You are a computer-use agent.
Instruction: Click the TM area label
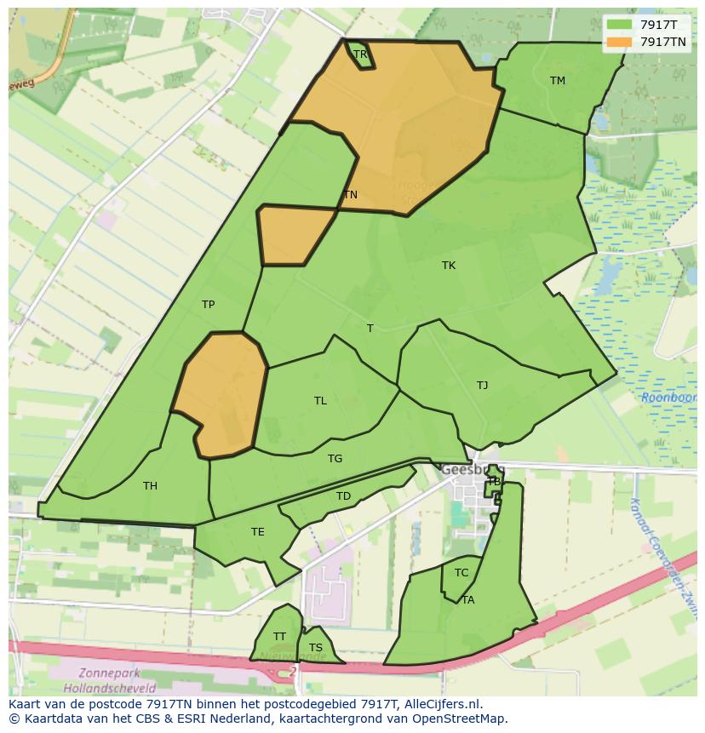558,81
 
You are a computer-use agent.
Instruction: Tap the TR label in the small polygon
360,54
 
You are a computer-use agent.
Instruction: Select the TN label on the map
350,195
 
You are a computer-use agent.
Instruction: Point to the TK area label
449,266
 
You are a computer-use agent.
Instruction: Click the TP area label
208,305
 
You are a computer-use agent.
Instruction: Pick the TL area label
320,401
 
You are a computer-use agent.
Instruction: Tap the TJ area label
483,386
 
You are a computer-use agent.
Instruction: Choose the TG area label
335,459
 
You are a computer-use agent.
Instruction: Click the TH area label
150,486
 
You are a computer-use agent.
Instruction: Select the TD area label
343,496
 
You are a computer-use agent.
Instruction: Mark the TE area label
257,532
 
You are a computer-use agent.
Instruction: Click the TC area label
461,573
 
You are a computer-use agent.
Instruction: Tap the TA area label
467,600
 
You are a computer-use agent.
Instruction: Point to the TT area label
279,637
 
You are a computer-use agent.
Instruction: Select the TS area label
316,648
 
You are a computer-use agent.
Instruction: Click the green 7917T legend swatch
619,26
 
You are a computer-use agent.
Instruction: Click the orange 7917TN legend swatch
619,42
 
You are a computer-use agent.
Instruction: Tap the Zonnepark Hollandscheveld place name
108,679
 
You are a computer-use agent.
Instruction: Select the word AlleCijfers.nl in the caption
442,704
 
